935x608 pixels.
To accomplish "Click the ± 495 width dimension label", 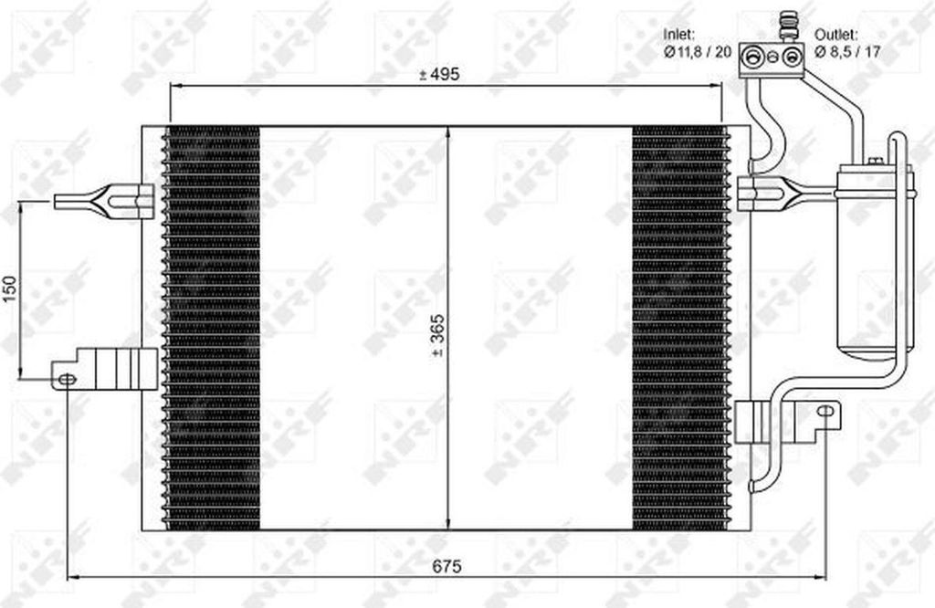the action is coord(439,75).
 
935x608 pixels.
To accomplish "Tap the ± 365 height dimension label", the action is coord(437,336).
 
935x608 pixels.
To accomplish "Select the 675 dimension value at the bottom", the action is coord(447,566).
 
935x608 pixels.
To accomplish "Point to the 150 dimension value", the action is coord(10,288).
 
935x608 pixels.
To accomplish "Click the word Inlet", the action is coord(678,35).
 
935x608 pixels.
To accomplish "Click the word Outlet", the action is coord(836,35).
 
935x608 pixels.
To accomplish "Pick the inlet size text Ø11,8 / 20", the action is coord(697,52).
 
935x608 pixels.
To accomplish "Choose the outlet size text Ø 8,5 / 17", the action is coord(847,52).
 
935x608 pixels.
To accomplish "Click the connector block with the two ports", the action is coord(772,59).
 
